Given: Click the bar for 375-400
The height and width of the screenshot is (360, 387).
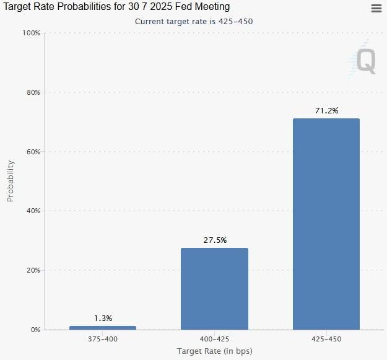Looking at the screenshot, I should click(103, 327).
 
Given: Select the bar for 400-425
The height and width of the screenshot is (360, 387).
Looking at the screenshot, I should click(214, 289).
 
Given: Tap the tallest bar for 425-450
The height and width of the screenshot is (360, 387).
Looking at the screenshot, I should click(326, 224).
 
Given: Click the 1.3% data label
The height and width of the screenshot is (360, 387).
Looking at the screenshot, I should click(103, 318).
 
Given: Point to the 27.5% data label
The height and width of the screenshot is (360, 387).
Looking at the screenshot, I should click(215, 240).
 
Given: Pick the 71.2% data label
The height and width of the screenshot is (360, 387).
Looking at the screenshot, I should click(326, 110).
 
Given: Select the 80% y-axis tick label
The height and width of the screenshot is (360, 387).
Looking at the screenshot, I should click(32, 92).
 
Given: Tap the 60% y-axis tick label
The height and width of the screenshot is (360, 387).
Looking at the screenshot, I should click(32, 152).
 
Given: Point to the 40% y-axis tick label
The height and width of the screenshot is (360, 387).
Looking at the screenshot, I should click(32, 211).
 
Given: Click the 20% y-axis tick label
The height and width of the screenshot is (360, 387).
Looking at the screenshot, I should click(32, 270).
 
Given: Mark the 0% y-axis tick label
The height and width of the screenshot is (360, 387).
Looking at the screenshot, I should click(35, 330).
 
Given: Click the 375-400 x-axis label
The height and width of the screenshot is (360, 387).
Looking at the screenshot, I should click(103, 339).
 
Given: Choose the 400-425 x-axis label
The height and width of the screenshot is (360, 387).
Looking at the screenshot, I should click(214, 339).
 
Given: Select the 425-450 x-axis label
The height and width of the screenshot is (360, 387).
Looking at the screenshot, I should click(326, 339).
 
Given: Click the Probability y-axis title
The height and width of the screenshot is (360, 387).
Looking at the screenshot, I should click(11, 181).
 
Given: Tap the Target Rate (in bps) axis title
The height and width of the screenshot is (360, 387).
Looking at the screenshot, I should click(214, 351).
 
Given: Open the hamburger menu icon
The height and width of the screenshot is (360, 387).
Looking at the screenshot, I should click(376, 8).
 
